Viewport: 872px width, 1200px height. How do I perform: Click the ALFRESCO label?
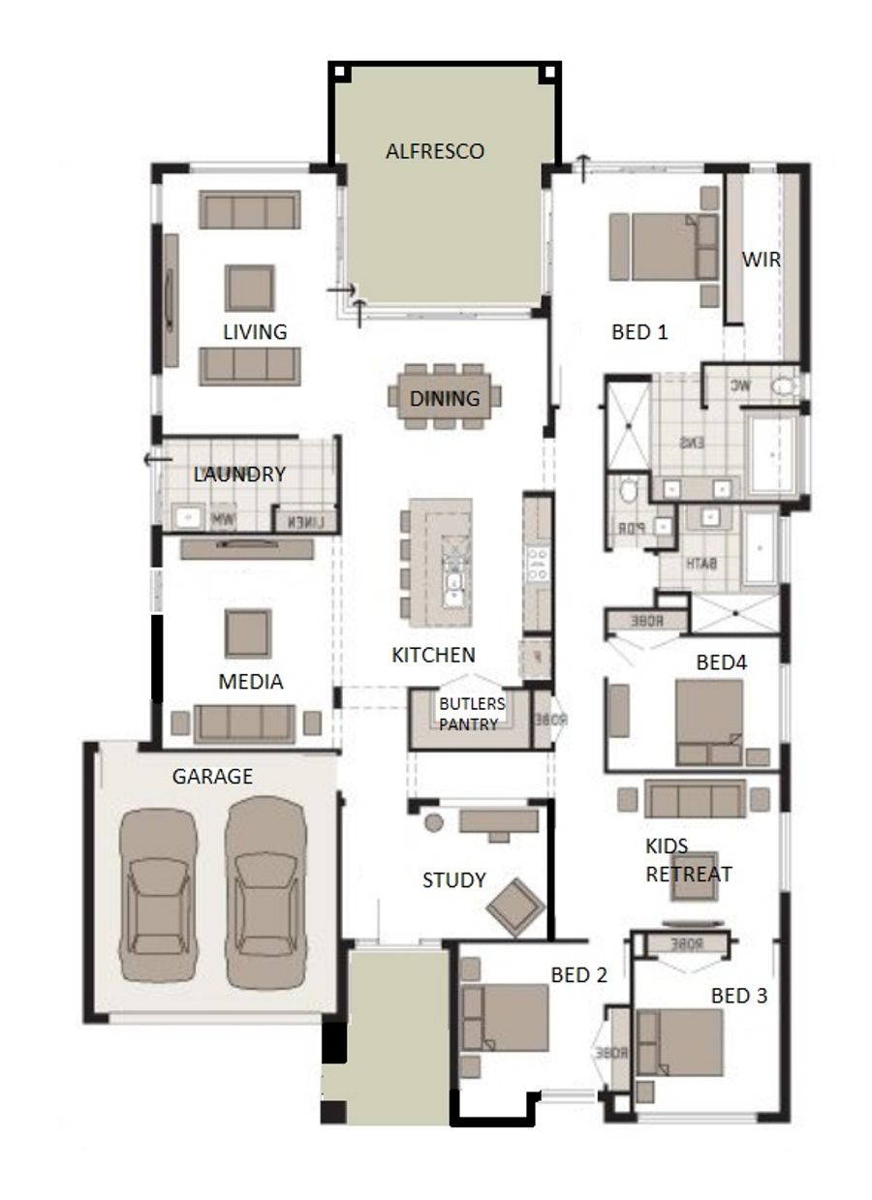click(434, 151)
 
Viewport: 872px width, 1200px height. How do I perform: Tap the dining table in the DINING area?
click(445, 397)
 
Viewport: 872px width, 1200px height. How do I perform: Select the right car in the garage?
click(265, 889)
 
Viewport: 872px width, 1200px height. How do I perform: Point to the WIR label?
click(761, 260)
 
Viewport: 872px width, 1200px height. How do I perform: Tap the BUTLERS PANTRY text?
click(469, 714)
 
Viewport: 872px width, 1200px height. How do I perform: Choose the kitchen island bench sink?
click(452, 581)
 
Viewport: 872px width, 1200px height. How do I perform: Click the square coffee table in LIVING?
click(250, 288)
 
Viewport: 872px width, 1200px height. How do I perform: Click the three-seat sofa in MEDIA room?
click(245, 723)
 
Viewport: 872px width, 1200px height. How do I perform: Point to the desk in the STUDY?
click(498, 821)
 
